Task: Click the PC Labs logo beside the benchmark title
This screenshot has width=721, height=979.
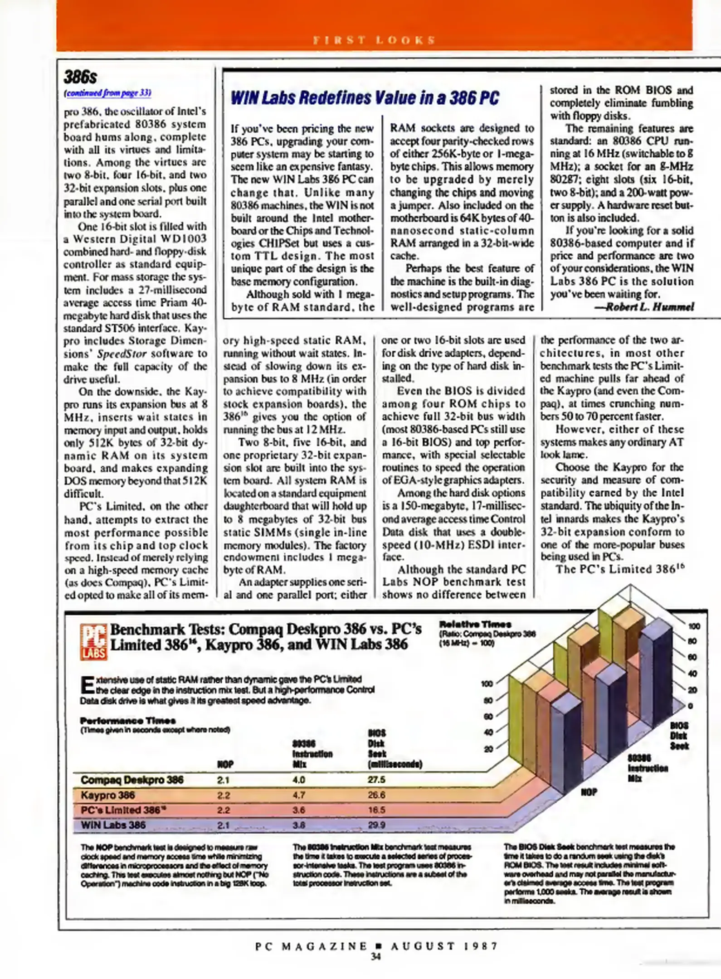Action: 93,641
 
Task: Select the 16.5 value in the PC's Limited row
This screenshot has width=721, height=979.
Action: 376,810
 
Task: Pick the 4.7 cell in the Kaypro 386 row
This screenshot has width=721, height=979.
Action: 299,795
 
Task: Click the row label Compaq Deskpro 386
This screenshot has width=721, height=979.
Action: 132,780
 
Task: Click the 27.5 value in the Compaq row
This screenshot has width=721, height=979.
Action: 376,780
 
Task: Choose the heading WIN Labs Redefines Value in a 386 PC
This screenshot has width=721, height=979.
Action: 365,98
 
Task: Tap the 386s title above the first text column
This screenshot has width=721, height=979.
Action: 80,77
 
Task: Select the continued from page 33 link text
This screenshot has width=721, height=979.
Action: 107,93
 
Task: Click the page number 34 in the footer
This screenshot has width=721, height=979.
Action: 375,957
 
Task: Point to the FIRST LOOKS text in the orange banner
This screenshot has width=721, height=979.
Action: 375,40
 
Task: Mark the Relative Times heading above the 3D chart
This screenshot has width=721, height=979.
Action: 475,624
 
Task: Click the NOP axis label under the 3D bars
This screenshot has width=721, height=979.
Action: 589,792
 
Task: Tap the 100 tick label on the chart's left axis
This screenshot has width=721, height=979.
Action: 487,683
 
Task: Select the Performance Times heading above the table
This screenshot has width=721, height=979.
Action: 127,721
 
